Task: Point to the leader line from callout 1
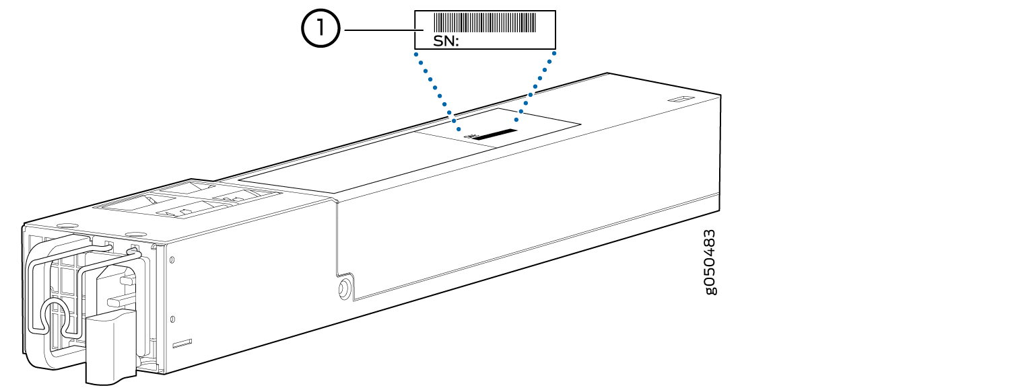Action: pyautogui.click(x=378, y=31)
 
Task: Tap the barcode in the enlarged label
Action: pyautogui.click(x=484, y=22)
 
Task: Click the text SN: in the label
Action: pyautogui.click(x=436, y=42)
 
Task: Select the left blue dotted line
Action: pyautogui.click(x=438, y=91)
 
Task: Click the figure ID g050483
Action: pyautogui.click(x=710, y=262)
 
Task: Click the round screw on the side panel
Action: pyautogui.click(x=343, y=288)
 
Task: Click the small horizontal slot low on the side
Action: pyautogui.click(x=182, y=344)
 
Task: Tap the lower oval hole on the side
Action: pyautogui.click(x=172, y=318)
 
